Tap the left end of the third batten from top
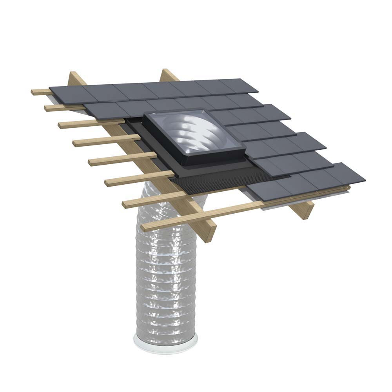tap(61, 125)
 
